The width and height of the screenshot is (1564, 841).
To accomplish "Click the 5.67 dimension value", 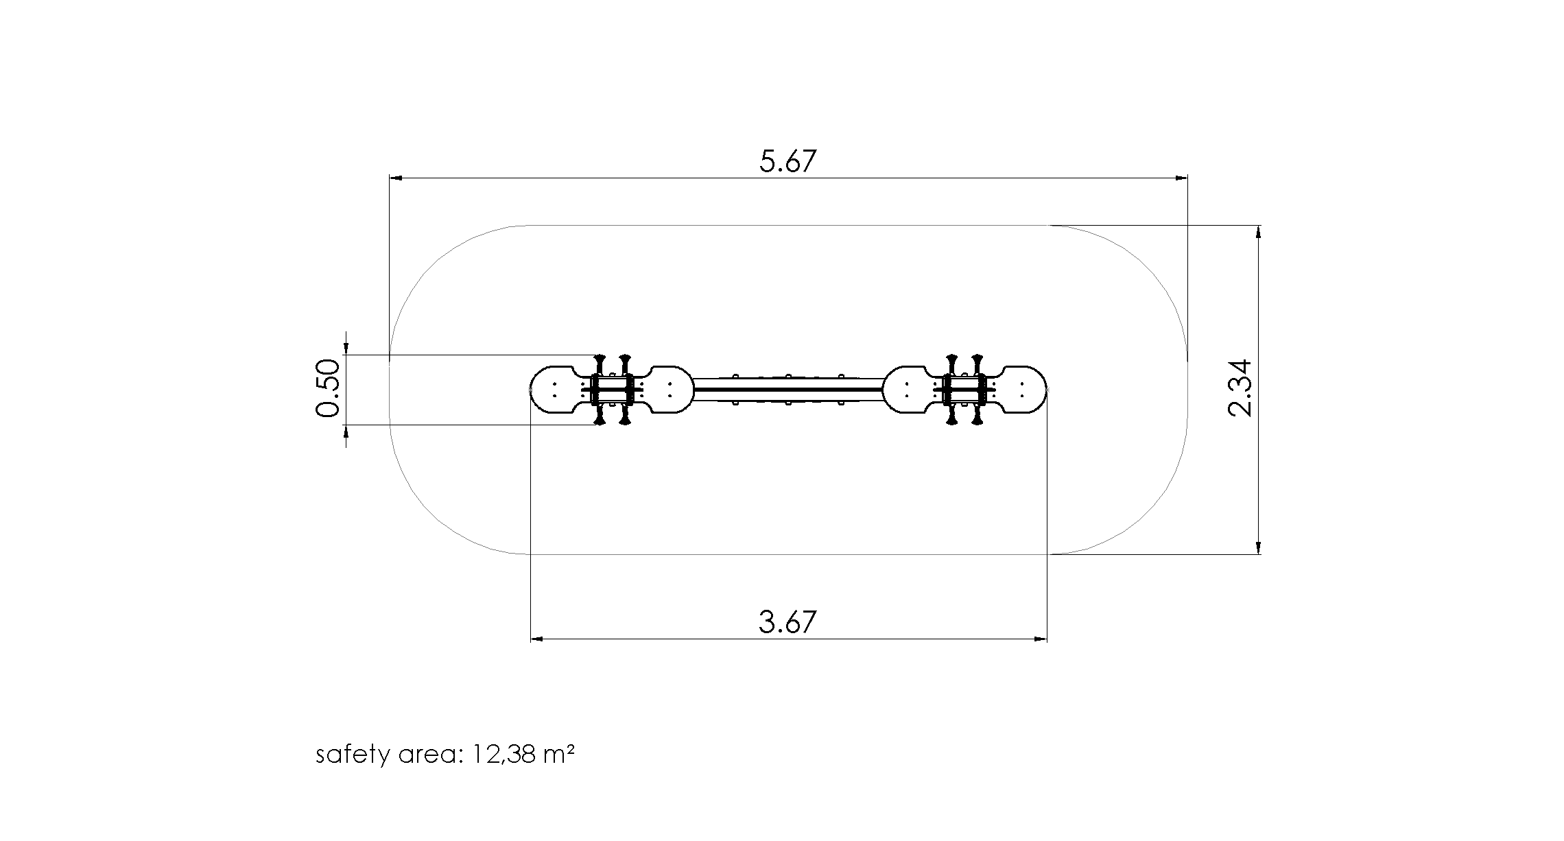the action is click(x=788, y=161).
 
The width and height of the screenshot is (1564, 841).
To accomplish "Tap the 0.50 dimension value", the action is click(x=328, y=388).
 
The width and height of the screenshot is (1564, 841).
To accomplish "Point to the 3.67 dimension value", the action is click(x=788, y=622).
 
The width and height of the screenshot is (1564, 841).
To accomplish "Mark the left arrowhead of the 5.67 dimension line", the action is click(x=396, y=178).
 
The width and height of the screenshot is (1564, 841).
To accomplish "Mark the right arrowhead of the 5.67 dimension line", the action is click(x=1181, y=178).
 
